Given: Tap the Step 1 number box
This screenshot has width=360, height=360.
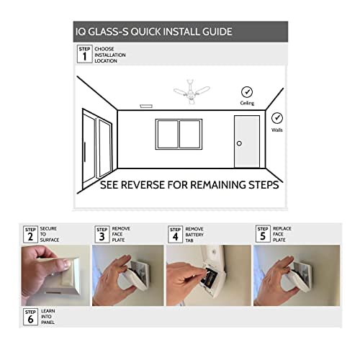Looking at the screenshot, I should pyautogui.click(x=84, y=53).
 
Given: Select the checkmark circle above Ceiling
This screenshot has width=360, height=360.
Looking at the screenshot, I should pyautogui.click(x=247, y=92).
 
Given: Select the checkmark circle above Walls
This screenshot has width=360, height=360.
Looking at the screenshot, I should pyautogui.click(x=277, y=117).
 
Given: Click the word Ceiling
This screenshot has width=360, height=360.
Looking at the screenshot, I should pyautogui.click(x=247, y=104).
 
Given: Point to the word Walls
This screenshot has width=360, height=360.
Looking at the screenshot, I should pyautogui.click(x=277, y=130).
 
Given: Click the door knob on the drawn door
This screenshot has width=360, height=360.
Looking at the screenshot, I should pyautogui.click(x=239, y=143).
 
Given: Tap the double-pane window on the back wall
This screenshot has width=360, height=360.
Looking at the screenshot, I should pyautogui.click(x=179, y=135).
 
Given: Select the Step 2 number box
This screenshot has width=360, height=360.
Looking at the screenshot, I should pyautogui.click(x=30, y=234).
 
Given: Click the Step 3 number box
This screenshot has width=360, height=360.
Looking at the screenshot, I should pyautogui.click(x=102, y=234).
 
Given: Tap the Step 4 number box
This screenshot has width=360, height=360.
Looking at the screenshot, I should pyautogui.click(x=175, y=234).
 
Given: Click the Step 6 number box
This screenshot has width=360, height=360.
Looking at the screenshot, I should pyautogui.click(x=30, y=315).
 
